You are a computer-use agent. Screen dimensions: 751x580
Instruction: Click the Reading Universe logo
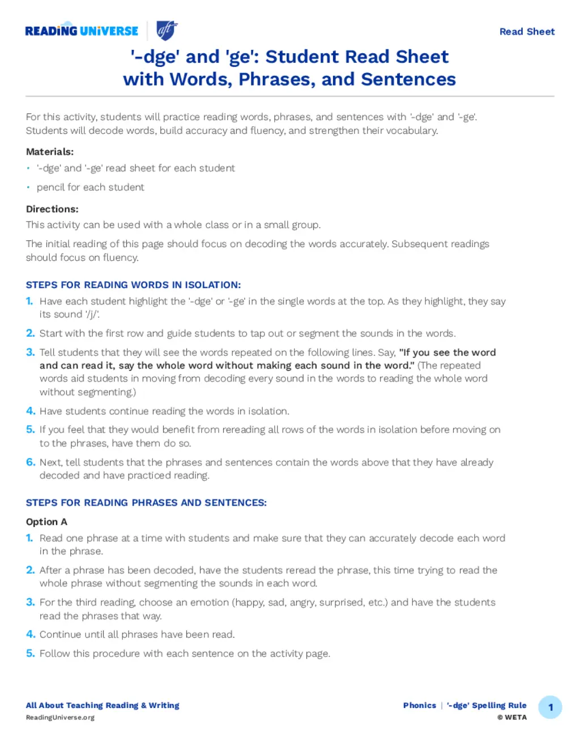(82, 31)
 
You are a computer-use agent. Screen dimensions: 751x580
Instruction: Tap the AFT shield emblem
(167, 30)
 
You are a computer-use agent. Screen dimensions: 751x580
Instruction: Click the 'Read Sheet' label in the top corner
(527, 32)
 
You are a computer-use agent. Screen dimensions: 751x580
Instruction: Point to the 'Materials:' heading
(50, 152)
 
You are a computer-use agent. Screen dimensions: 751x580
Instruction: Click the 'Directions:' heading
(52, 209)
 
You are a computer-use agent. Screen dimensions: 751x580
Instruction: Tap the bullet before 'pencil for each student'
(28, 188)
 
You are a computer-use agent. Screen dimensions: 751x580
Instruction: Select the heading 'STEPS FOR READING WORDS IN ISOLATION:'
(133, 285)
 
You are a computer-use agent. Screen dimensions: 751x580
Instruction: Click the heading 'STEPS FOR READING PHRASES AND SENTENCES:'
(146, 503)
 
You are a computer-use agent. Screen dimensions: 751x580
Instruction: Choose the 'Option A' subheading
(46, 522)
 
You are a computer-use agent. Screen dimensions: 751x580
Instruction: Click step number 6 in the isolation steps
(31, 463)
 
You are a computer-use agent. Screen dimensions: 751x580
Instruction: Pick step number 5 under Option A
(31, 654)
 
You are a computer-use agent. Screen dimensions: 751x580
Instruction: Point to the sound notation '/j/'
(92, 315)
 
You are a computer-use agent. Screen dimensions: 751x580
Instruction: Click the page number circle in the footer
(550, 707)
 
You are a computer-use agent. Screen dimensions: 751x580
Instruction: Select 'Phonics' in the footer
(419, 706)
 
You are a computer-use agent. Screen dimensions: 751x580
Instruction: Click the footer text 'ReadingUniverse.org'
(60, 718)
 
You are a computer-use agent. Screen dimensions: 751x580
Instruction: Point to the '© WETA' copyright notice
(512, 718)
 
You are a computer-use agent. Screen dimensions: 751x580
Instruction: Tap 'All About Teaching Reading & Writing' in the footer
(103, 706)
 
